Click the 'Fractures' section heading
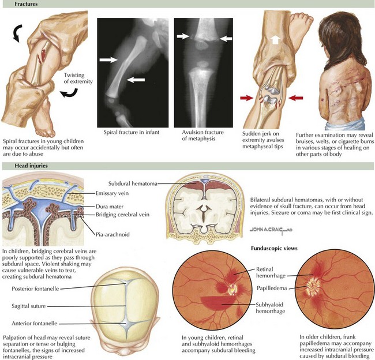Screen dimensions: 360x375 click(x=18, y=5)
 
